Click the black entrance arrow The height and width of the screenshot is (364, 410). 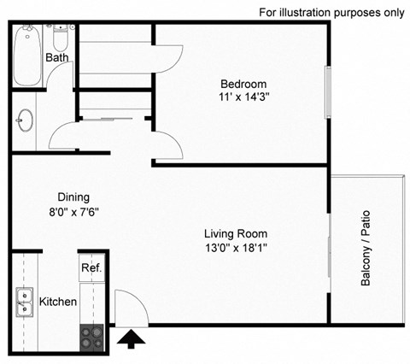(132, 340)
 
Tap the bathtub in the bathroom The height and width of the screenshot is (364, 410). (27, 55)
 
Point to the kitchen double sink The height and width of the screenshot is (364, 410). (24, 302)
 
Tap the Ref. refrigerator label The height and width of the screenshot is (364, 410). (91, 267)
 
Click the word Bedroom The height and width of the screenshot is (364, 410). (243, 84)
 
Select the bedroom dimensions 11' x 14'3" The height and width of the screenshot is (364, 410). (243, 97)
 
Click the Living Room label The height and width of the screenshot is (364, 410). (236, 233)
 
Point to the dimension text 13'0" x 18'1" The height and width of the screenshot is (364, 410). (236, 248)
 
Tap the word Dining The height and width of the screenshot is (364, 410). (73, 196)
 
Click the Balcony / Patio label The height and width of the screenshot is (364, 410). (366, 249)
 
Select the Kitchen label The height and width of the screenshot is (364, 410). (58, 302)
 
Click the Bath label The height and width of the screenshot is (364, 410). (57, 58)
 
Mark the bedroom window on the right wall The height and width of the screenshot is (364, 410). (328, 92)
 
